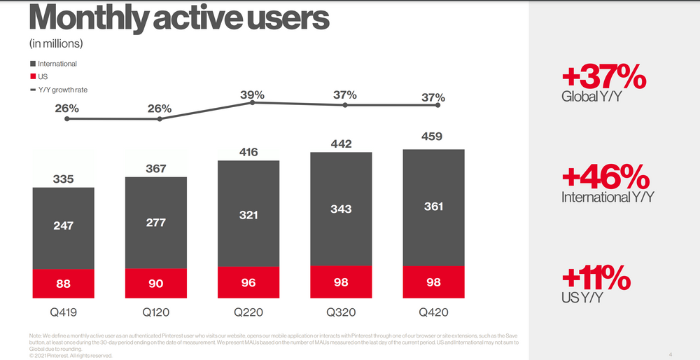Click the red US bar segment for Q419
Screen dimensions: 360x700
[64, 284]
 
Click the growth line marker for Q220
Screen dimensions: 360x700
[252, 103]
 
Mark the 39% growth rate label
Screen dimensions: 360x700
[252, 95]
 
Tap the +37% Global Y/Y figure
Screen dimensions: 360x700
[603, 78]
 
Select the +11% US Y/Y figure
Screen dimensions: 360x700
[596, 279]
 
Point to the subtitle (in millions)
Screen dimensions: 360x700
[56, 43]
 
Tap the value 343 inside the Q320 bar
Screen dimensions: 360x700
[341, 209]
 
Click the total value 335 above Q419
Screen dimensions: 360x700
[64, 179]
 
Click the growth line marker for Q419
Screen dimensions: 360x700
[67, 119]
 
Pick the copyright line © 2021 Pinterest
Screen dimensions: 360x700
[71, 355]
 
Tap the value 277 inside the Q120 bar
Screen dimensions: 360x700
[156, 221]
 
